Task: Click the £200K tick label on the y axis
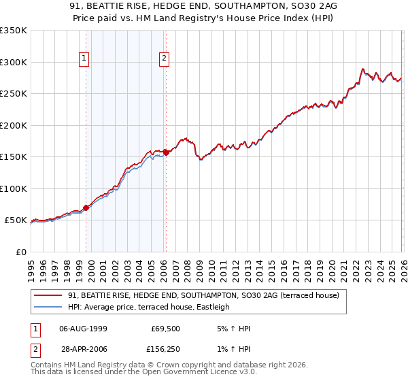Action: pos(14,125)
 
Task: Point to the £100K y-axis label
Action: pos(14,188)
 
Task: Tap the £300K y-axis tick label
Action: pos(14,62)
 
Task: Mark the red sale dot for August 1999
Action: pos(86,208)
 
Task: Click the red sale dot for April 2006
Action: pos(166,152)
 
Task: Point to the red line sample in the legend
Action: pos(48,295)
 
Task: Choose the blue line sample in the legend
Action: pos(48,307)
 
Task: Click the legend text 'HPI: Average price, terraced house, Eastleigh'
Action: pos(149,307)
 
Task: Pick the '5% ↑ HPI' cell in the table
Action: pos(236,328)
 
